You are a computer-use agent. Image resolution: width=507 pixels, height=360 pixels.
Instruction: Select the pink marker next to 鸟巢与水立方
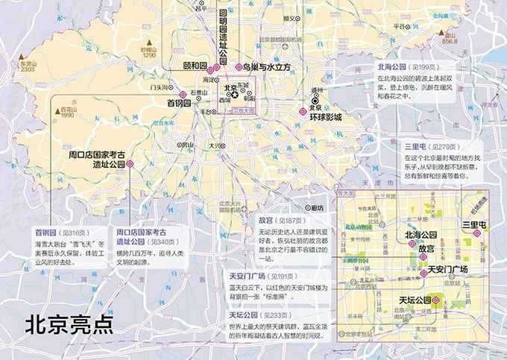tap(239, 66)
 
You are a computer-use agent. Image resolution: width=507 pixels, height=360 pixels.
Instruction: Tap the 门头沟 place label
tap(159, 87)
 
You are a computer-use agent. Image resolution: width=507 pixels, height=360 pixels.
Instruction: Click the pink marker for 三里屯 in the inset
tap(475, 233)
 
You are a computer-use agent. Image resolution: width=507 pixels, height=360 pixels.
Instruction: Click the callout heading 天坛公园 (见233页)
tap(258, 315)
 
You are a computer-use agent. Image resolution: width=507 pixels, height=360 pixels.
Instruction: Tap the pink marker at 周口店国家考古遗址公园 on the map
tap(130, 163)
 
